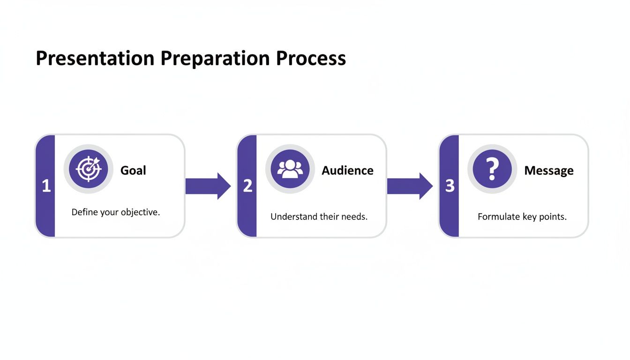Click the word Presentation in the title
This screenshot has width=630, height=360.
(95, 59)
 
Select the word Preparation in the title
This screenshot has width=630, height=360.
(215, 59)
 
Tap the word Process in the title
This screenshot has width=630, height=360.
(311, 59)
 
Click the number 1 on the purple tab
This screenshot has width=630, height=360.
(46, 187)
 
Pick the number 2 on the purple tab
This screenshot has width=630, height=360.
(247, 187)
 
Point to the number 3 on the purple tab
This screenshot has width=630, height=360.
(450, 187)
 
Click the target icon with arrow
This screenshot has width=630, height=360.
(89, 169)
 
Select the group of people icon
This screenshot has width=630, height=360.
(290, 169)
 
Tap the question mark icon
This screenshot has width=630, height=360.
(492, 169)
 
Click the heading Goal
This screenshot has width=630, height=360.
(133, 170)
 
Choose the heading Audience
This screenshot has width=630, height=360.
(347, 170)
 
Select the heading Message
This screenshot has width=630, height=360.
(548, 171)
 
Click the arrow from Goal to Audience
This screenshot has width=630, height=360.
(208, 186)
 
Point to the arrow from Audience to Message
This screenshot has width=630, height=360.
(409, 186)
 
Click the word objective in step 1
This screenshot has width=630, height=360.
(140, 212)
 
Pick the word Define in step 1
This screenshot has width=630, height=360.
(85, 212)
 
